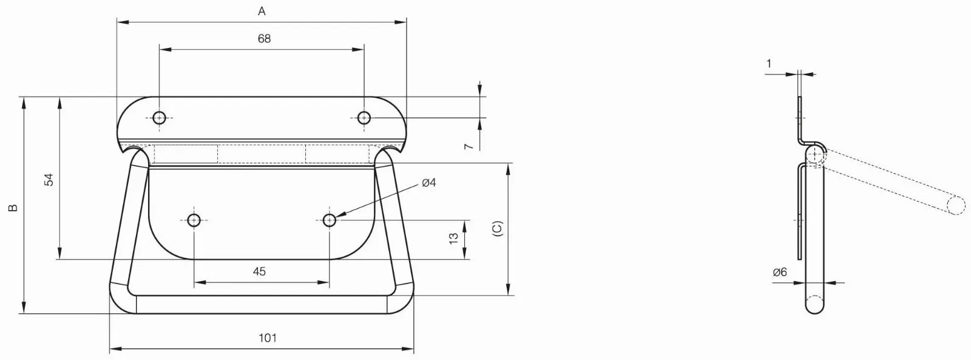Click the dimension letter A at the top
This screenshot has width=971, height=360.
(x=262, y=12)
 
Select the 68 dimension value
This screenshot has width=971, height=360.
(x=264, y=39)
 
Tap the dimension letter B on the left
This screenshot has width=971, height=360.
(x=13, y=208)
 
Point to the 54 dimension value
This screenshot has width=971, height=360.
(x=50, y=180)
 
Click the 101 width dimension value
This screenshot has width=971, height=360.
(x=268, y=338)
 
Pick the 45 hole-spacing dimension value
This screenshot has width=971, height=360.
(x=259, y=271)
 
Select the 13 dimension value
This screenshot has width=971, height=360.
(x=453, y=238)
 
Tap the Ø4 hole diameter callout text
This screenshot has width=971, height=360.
(x=428, y=183)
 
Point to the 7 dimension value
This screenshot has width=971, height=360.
(x=468, y=146)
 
